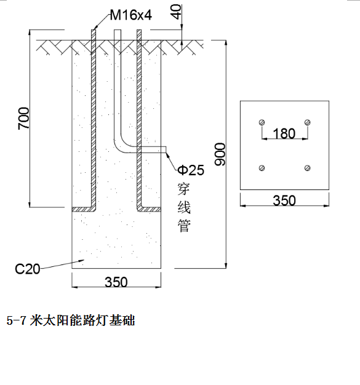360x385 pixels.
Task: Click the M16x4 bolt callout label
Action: tap(130, 15)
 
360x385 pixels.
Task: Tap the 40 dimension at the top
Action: tap(177, 12)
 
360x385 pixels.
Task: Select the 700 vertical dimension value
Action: tap(23, 118)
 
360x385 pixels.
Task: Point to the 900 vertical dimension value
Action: tap(220, 154)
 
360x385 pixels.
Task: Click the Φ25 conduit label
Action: tap(191, 170)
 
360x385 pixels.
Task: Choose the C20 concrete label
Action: tap(27, 269)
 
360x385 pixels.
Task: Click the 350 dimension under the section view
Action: tap(116, 282)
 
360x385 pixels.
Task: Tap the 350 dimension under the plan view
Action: tap(284, 200)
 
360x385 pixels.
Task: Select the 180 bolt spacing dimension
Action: tap(284, 133)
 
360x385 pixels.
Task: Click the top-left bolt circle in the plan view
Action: tap(262, 122)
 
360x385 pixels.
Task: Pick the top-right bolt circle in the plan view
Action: tap(308, 122)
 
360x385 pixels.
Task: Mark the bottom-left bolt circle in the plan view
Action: tap(262, 168)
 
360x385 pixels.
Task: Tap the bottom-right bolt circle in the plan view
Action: tap(308, 168)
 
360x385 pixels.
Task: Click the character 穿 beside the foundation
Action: tap(184, 189)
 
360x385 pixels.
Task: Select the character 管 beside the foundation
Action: tap(184, 226)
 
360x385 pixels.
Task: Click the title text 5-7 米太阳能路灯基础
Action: tap(71, 320)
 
